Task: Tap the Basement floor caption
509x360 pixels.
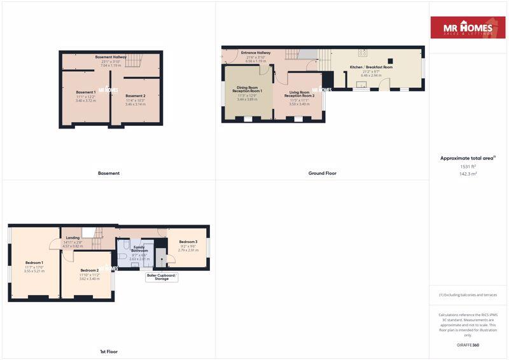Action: (109, 173)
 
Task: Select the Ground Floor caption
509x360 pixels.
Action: (323, 173)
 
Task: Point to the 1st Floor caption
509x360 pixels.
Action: (108, 351)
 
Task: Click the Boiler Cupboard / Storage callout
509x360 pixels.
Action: (162, 277)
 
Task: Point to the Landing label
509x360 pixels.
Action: (73, 238)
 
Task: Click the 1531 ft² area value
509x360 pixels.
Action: (468, 166)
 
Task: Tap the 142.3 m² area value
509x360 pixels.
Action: (468, 174)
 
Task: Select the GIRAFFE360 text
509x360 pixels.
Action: (468, 345)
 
